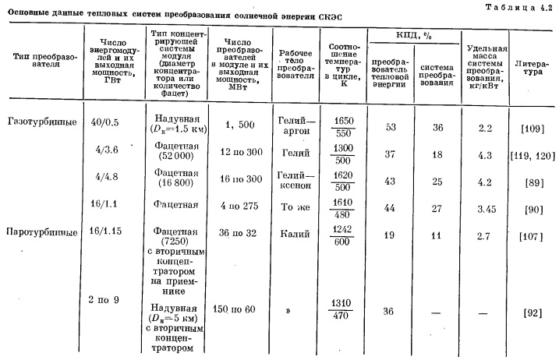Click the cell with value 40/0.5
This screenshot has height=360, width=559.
point(104,122)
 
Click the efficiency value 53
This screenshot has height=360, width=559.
point(388,125)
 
